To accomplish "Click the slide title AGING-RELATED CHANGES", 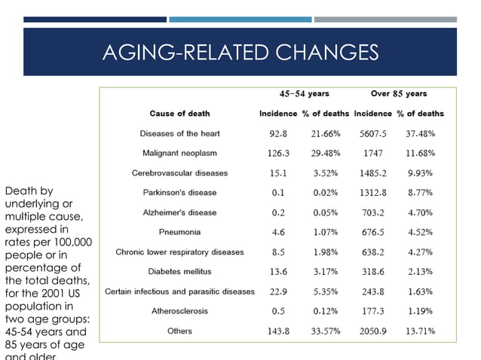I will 240,52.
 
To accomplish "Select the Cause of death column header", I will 179,114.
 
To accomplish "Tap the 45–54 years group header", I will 304,94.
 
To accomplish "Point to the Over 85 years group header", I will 399,94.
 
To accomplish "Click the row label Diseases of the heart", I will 179,133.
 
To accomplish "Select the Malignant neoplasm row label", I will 179,153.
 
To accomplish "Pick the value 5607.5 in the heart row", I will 373,133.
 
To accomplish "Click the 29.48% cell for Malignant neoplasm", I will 326,153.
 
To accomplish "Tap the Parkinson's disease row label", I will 179,192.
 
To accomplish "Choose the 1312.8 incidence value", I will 373,192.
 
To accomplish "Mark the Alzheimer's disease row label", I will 179,212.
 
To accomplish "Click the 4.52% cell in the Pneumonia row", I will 421,232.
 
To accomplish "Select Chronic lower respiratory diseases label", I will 179,252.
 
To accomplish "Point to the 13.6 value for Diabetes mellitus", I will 278,271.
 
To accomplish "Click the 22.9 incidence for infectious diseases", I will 278,291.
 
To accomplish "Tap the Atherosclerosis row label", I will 179,311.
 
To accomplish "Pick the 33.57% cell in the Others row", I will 326,331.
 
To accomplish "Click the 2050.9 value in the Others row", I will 373,331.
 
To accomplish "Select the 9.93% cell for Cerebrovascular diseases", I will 421,172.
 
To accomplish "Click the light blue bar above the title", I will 240,20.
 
